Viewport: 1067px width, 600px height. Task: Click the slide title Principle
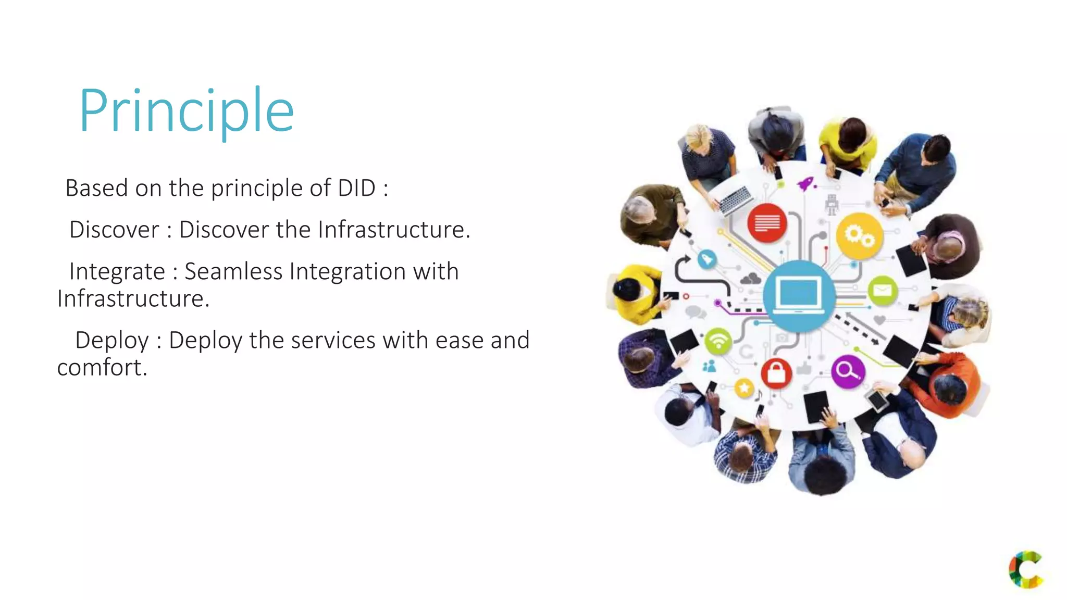click(x=187, y=110)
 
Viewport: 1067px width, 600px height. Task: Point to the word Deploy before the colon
click(x=112, y=340)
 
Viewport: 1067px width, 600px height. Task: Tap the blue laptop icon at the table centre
click(x=799, y=295)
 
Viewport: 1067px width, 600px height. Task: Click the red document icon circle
click(x=767, y=223)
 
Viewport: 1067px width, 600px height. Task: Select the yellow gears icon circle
click(x=859, y=236)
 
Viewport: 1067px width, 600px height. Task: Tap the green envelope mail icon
click(x=883, y=290)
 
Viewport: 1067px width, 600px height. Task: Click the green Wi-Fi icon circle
click(x=718, y=342)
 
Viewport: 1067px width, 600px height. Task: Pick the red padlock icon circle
click(x=776, y=373)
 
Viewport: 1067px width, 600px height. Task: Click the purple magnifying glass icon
click(x=848, y=371)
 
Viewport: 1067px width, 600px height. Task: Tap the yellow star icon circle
click(x=744, y=387)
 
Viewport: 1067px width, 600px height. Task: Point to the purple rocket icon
click(x=806, y=183)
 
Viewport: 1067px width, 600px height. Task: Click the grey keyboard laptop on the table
click(x=735, y=200)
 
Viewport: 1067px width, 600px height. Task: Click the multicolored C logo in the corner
click(x=1025, y=569)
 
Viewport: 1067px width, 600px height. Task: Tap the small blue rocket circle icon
click(x=706, y=259)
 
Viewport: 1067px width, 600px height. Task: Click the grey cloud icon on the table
click(x=751, y=279)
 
